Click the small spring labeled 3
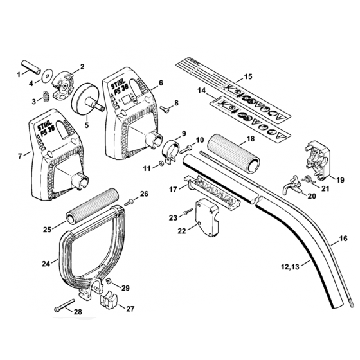[x=46, y=96]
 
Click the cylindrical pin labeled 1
[x=32, y=67]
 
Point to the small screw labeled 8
[x=165, y=109]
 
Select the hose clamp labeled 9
[x=172, y=151]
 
